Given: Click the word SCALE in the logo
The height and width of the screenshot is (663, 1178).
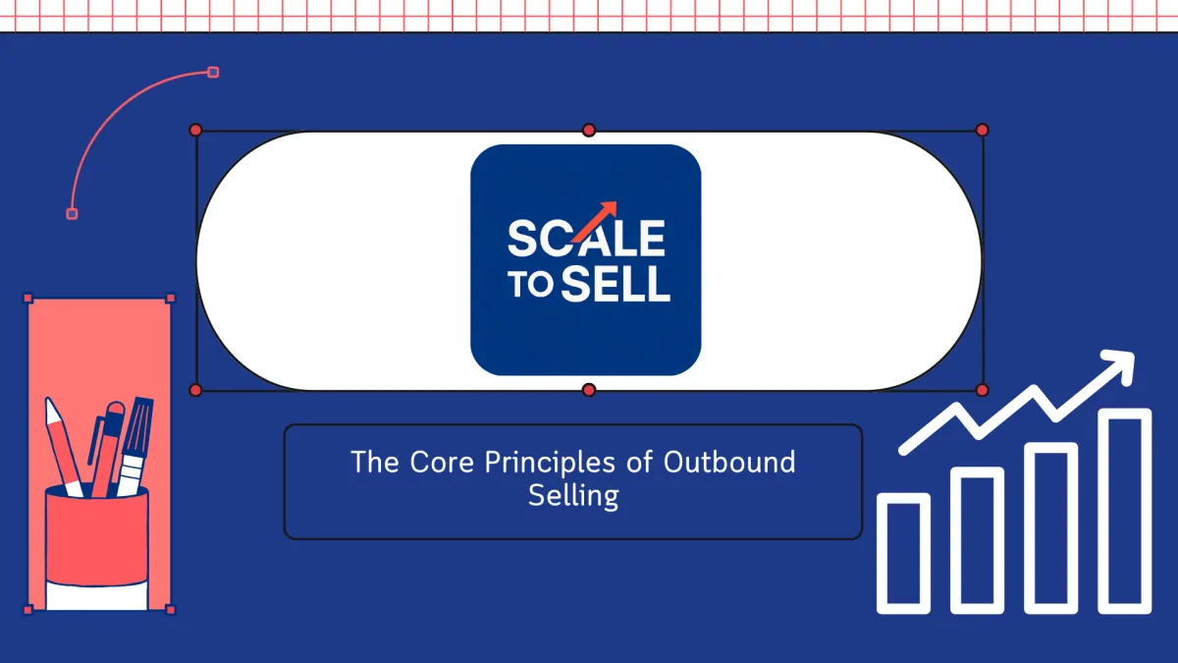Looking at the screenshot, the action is tap(586, 239).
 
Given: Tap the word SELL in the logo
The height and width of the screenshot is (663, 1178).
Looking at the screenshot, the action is tap(616, 284).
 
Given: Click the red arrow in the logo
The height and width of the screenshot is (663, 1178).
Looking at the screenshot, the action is tap(594, 221).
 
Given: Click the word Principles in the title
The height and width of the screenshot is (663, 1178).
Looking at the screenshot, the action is tap(550, 462).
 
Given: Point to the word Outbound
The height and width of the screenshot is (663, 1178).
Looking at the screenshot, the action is tap(729, 462).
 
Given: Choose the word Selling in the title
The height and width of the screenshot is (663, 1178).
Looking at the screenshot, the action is tap(573, 496).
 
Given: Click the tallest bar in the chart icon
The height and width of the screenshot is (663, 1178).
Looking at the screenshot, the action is tap(1125, 511).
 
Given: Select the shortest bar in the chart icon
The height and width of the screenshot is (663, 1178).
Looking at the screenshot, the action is tap(903, 553).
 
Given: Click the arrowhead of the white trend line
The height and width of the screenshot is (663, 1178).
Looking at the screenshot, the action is tap(1119, 365).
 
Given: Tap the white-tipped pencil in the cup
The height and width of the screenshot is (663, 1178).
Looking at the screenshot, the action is tap(63, 447).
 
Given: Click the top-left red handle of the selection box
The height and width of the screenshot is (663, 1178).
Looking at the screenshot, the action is tap(195, 130).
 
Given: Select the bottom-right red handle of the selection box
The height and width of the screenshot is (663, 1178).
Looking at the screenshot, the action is tap(982, 390).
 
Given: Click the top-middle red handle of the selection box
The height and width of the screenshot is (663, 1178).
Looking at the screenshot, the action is tap(589, 130).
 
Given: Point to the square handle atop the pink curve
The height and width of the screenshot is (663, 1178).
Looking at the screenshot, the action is tap(213, 72).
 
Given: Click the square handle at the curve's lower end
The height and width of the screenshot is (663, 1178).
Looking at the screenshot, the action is tap(72, 214).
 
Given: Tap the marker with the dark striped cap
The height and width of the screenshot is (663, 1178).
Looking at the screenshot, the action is tap(134, 446).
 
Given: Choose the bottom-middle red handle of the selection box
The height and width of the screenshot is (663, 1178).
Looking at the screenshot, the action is tap(589, 390).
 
